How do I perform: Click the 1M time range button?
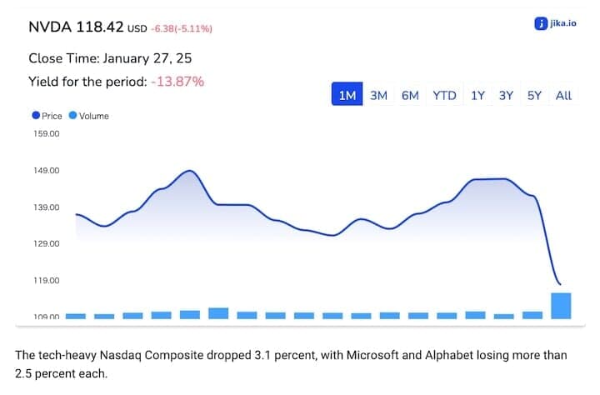[x=347, y=95]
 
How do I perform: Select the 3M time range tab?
[x=379, y=95]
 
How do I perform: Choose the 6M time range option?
[x=410, y=95]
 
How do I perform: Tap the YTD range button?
[x=444, y=95]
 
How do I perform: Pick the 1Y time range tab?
[x=477, y=95]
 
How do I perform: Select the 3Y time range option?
[x=506, y=95]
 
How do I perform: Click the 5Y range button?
[x=534, y=95]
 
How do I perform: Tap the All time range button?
[x=563, y=95]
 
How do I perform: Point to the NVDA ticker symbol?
[x=50, y=27]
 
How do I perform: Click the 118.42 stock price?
[x=99, y=27]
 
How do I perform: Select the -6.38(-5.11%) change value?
[x=181, y=29]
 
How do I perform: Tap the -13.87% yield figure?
[x=177, y=82]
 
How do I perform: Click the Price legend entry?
[x=47, y=116]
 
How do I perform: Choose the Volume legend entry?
[x=89, y=116]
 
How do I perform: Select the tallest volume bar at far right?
[x=560, y=305]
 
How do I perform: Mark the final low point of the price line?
[x=560, y=285]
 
